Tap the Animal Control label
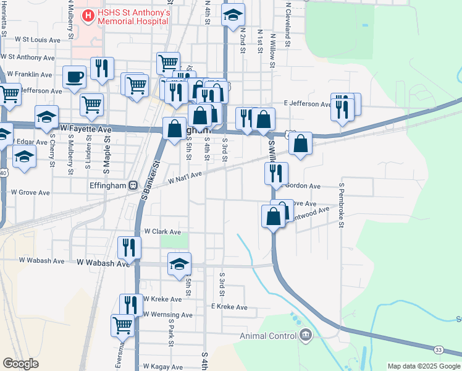click(269, 336)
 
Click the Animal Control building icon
click(306, 336)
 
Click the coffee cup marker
click(74, 77)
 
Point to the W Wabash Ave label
click(103, 262)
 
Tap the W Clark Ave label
click(162, 232)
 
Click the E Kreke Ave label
click(229, 307)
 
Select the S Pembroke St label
click(340, 205)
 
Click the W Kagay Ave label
click(162, 367)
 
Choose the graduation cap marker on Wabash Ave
click(179, 263)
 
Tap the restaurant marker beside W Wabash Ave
click(130, 247)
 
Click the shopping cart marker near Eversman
click(122, 324)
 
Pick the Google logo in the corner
click(20, 364)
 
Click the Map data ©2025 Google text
click(424, 366)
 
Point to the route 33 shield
click(438, 350)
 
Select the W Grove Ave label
click(30, 193)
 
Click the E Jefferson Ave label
click(307, 104)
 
